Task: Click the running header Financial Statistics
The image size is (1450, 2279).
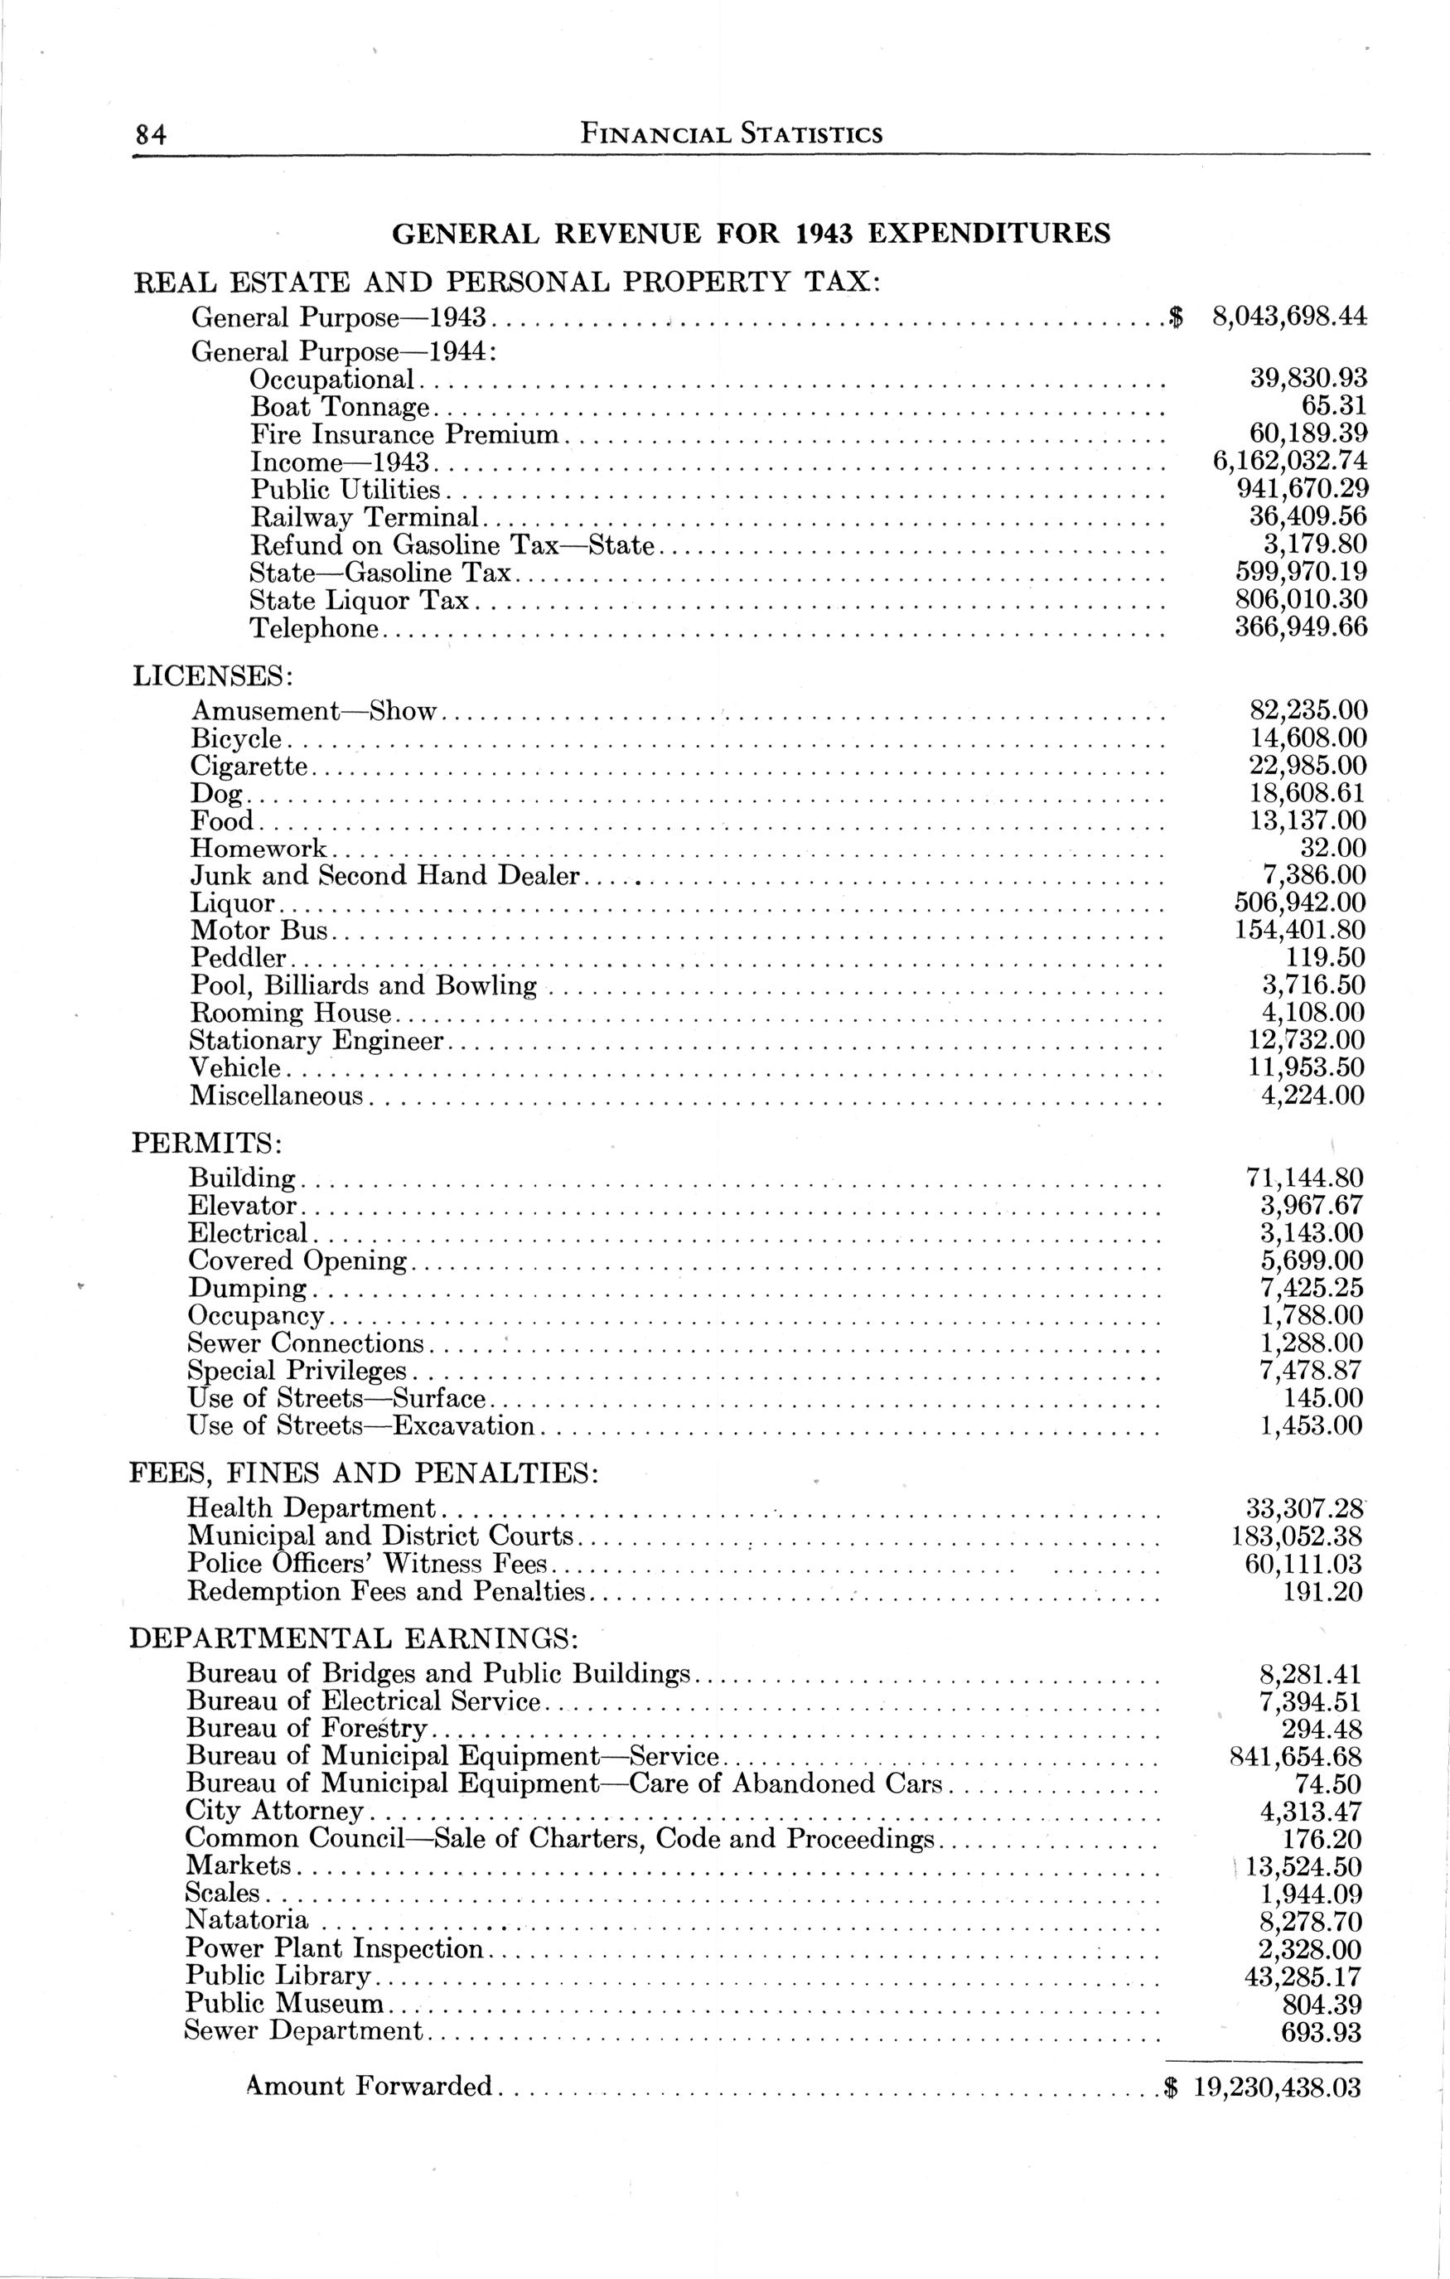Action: click(x=731, y=134)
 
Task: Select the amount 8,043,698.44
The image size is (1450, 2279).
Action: click(x=1289, y=317)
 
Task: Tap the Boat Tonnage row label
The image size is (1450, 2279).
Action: click(x=340, y=408)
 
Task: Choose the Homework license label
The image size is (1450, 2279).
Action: click(x=259, y=848)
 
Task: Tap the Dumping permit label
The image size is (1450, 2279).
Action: click(x=247, y=1288)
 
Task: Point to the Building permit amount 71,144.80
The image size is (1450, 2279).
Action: click(x=1304, y=1178)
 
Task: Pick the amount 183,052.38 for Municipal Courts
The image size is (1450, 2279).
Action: click(x=1293, y=1536)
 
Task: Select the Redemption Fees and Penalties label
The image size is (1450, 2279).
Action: click(x=387, y=1591)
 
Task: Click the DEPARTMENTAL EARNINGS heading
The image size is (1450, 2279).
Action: click(x=354, y=1638)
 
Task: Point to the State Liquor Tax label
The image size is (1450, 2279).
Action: click(x=360, y=600)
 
